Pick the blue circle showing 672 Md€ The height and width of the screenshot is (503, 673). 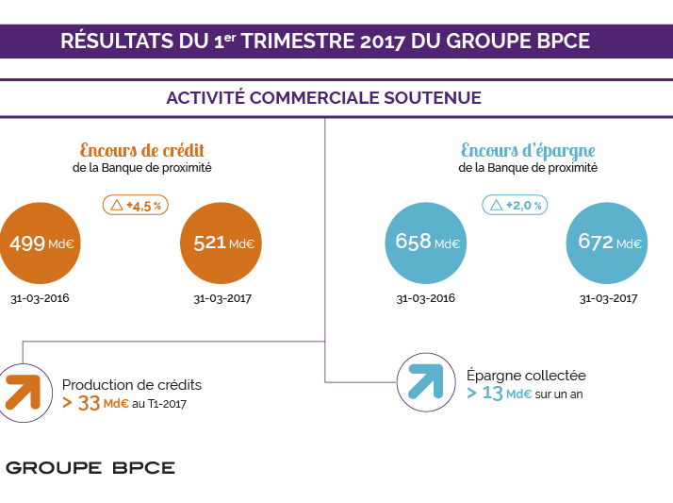click(609, 243)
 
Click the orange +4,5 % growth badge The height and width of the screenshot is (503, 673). click(135, 205)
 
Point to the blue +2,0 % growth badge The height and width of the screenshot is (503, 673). click(516, 205)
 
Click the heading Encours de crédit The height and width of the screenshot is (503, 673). click(142, 151)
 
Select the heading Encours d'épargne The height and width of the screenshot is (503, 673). click(528, 151)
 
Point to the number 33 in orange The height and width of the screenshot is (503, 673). click(90, 403)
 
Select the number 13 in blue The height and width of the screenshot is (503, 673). click(492, 394)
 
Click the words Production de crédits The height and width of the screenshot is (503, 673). click(132, 385)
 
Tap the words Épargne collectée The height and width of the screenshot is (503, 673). click(526, 376)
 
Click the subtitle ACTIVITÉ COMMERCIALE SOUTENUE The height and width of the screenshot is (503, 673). click(323, 98)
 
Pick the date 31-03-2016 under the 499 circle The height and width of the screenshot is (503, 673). click(39, 298)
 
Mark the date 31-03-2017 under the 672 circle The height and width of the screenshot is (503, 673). click(608, 298)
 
